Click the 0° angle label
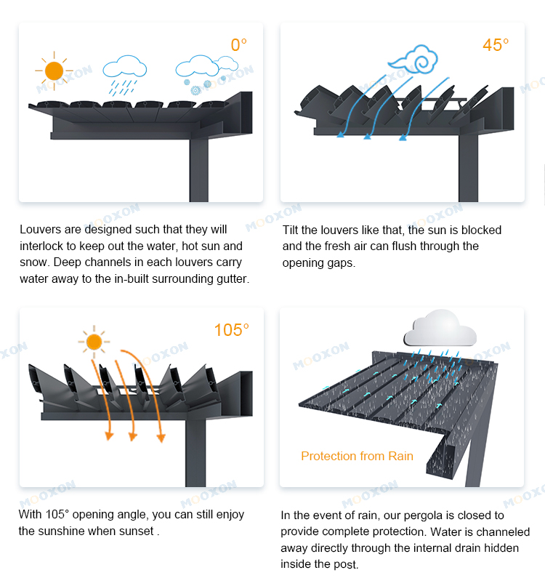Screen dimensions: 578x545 coord(239,45)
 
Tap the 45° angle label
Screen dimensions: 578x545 coord(496,45)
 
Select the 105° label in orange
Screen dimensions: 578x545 coord(231,330)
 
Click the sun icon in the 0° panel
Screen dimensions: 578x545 coord(54,71)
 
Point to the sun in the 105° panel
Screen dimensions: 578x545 coord(94,341)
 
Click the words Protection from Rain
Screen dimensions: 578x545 coord(357,457)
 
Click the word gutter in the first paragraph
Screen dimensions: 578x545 coord(231,278)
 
